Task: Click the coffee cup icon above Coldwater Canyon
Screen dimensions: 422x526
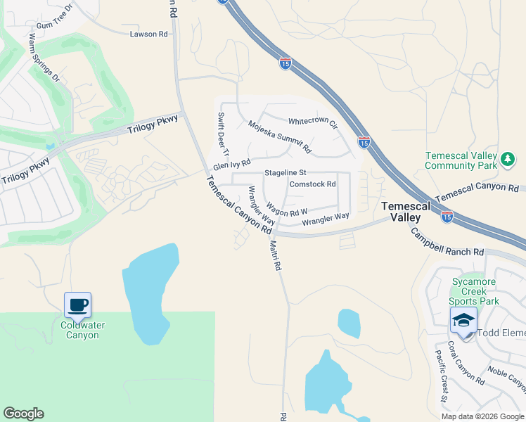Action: point(77,305)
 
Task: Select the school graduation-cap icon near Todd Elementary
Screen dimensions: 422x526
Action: point(463,320)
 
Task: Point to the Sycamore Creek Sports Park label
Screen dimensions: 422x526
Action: point(475,291)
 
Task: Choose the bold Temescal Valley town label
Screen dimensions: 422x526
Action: point(401,212)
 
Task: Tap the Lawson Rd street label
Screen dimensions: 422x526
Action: point(149,33)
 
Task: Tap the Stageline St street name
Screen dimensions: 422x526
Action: point(286,172)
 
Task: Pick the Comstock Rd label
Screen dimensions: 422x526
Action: point(312,184)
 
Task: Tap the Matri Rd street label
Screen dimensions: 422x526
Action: point(275,255)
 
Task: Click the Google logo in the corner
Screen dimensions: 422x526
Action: point(23,414)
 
